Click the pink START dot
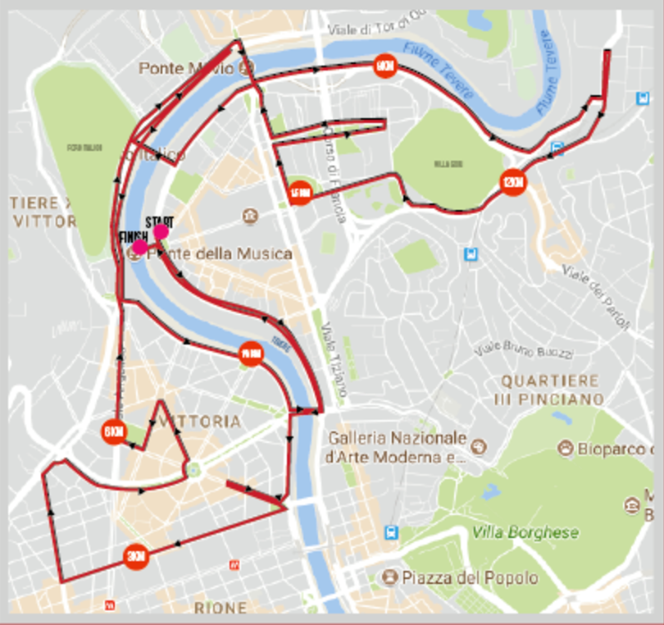pyautogui.click(x=161, y=232)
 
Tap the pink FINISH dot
pyautogui.click(x=140, y=247)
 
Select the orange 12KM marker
pyautogui.click(x=512, y=182)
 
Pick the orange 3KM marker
pyautogui.click(x=135, y=557)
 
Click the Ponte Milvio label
pyautogui.click(x=186, y=68)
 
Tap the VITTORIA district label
pyautogui.click(x=200, y=422)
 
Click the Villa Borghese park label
pyautogui.click(x=525, y=532)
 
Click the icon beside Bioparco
pyautogui.click(x=565, y=448)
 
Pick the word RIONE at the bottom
pyautogui.click(x=220, y=608)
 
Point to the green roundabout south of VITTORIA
pyautogui.click(x=193, y=469)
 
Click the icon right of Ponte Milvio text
pyautogui.click(x=243, y=69)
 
